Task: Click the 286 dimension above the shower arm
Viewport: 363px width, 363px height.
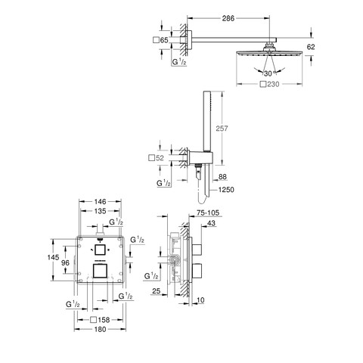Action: tap(228, 18)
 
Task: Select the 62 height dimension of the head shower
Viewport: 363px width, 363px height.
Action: tap(311, 47)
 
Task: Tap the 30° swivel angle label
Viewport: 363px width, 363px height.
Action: tap(269, 73)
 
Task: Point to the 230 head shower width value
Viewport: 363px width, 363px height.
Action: tap(273, 84)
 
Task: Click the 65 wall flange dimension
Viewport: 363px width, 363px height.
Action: tap(164, 40)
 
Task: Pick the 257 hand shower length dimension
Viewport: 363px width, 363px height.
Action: tap(222, 129)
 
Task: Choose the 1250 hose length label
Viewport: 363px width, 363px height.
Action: tap(226, 190)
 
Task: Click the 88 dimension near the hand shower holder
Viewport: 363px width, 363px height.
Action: tap(222, 177)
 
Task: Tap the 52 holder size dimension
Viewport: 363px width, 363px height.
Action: tap(160, 158)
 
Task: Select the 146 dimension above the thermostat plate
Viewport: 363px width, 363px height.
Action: tap(100, 202)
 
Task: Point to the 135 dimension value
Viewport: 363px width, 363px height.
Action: tap(100, 211)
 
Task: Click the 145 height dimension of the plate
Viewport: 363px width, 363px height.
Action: tap(53, 257)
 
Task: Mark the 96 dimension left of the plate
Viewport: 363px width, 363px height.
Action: tap(65, 263)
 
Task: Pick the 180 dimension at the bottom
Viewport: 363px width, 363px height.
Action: tap(100, 329)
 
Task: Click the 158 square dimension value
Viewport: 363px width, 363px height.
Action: tap(104, 320)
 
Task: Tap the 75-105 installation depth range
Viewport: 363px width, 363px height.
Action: tap(208, 213)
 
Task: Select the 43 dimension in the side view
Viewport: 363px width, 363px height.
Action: tap(212, 223)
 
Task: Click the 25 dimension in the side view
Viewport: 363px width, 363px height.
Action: tap(157, 291)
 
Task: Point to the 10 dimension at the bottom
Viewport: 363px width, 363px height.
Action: tap(200, 300)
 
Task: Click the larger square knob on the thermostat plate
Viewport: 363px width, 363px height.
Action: tap(101, 271)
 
